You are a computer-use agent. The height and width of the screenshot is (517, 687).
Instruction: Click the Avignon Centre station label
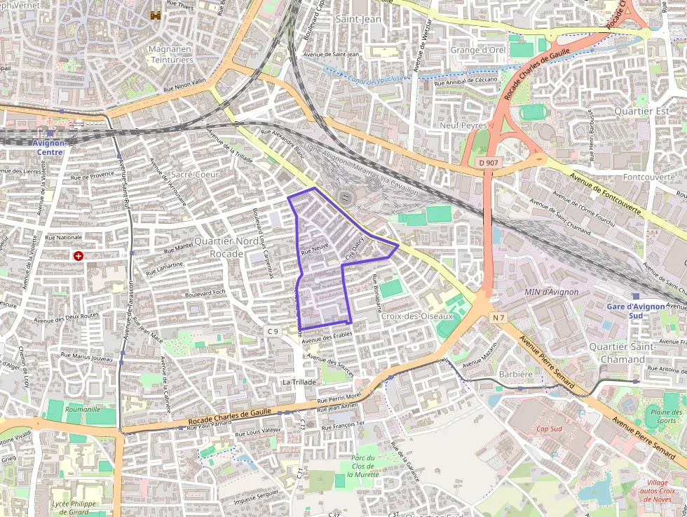pos(49,147)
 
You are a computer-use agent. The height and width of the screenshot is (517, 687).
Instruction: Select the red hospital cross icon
pos(78,256)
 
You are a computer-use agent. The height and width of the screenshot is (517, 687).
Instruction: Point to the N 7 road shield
pos(498,318)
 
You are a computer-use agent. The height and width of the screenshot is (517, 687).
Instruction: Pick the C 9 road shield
pos(273,331)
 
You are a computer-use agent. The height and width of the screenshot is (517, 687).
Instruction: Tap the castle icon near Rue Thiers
pos(155,15)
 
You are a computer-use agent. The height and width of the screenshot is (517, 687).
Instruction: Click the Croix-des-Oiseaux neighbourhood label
pos(417,316)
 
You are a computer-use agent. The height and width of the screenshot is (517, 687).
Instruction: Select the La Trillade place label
pos(299,382)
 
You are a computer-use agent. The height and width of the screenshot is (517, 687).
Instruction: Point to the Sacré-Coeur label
pos(195,174)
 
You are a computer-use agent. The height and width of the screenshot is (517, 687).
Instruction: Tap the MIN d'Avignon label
pos(551,292)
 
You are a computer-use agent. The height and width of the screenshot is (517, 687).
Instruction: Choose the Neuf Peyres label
pos(463,125)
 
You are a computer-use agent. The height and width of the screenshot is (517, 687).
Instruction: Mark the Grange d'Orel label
pos(477,50)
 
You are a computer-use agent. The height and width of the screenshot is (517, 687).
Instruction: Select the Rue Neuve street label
pos(315,248)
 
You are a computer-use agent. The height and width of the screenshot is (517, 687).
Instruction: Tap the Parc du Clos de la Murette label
pos(363,466)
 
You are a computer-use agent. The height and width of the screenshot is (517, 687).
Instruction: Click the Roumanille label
pos(82,409)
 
